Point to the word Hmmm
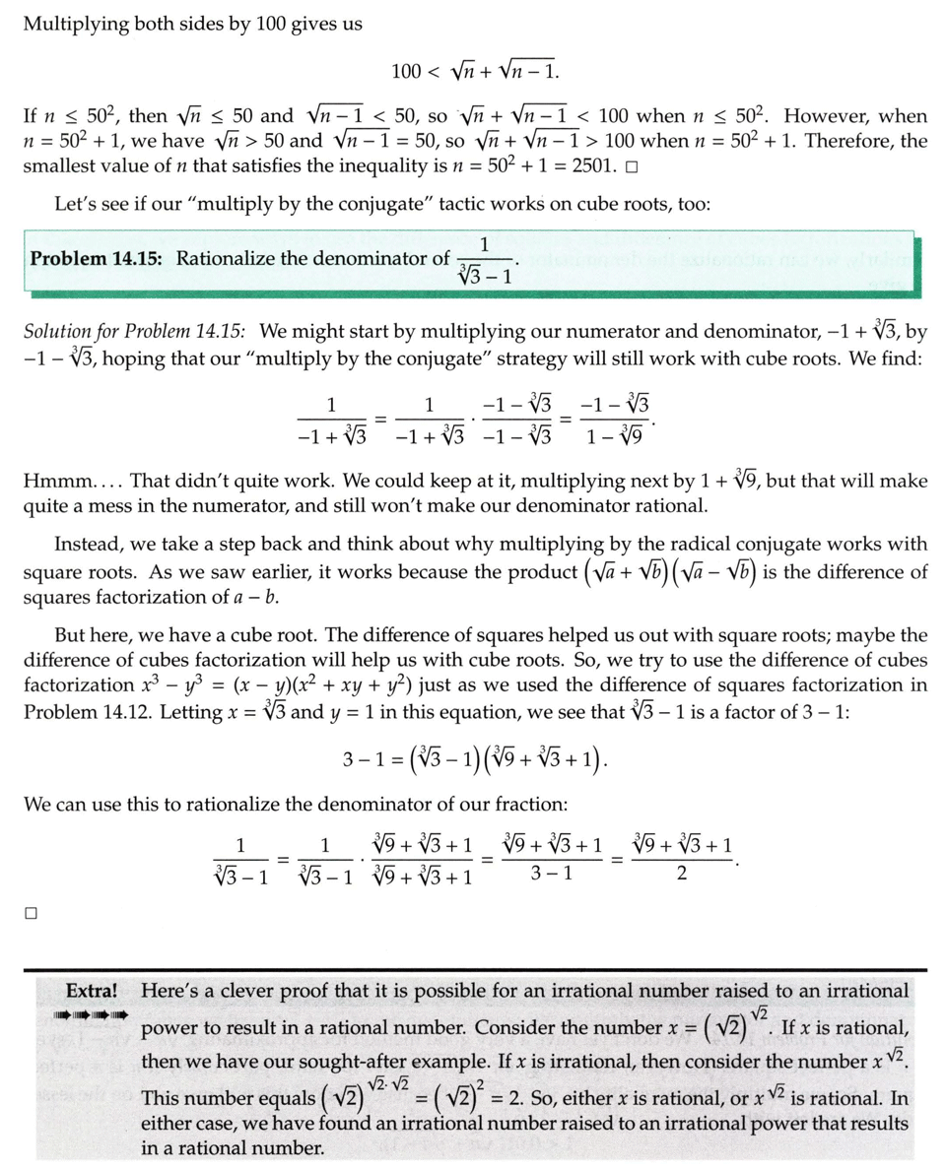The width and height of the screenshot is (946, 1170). [64, 482]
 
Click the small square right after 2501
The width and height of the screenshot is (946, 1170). [631, 166]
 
